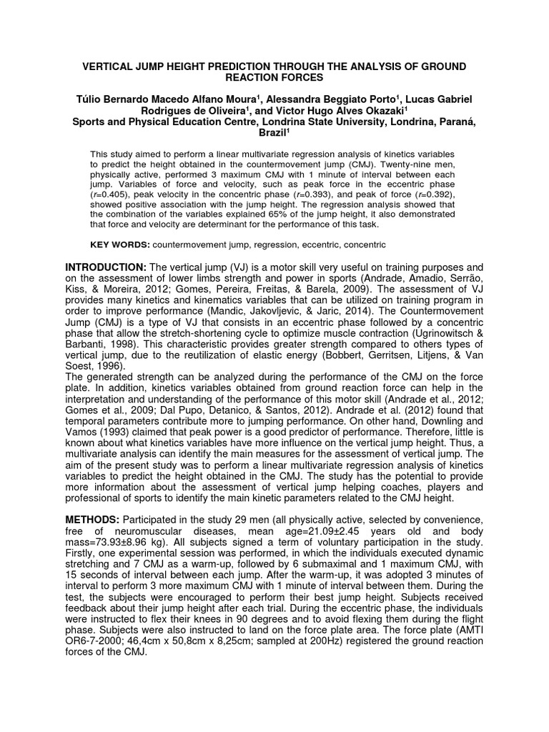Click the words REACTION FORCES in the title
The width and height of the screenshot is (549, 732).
[274, 77]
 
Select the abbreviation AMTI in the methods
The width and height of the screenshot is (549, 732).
[465, 629]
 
